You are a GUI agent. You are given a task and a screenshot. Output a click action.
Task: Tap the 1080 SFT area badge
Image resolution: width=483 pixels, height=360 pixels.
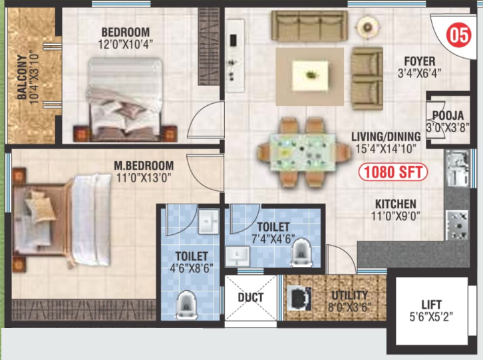coord(393,172)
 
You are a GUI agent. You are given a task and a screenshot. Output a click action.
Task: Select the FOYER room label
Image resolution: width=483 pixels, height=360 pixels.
coord(419,61)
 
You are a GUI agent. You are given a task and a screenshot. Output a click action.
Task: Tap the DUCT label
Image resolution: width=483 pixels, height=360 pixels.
coord(250,297)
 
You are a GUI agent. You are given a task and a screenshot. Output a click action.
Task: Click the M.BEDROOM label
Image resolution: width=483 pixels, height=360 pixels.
coord(144,166)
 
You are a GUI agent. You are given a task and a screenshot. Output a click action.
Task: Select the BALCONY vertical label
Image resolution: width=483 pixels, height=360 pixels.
coord(23,77)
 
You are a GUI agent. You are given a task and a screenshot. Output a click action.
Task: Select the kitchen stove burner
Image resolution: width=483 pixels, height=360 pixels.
coord(457,224)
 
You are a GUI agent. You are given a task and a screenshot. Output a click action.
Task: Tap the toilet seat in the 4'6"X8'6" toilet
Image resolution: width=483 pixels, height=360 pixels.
coord(185,305)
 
